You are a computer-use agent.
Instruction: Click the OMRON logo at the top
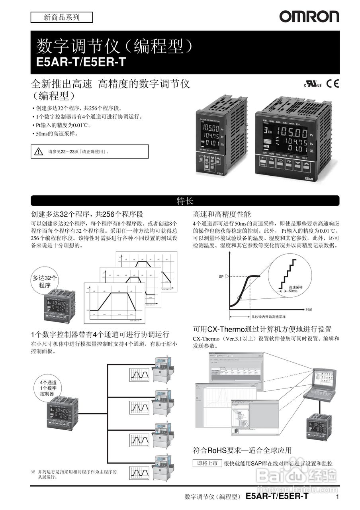pos(309,16)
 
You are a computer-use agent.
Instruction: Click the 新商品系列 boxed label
pos(61,17)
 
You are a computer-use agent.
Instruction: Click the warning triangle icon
pos(38,151)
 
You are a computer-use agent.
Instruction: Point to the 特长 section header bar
pos(185,200)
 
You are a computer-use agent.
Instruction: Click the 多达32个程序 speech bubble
pos(45,281)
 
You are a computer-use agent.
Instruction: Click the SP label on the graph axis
pos(221,276)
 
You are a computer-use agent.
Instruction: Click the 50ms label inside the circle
pos(293,291)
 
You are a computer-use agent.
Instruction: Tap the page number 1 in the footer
pos(337,496)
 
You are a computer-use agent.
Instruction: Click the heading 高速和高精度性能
pos(222,214)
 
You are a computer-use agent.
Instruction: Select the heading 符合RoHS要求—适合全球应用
pos(242,450)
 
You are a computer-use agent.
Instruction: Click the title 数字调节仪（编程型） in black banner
pos(115,46)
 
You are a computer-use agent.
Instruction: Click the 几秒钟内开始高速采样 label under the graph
pos(268,317)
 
